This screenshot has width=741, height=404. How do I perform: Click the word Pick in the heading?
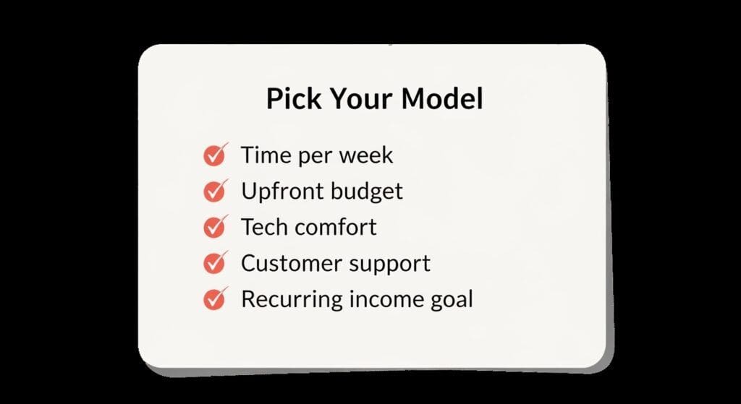pos(293,99)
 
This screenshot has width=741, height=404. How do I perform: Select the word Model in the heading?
pos(442,99)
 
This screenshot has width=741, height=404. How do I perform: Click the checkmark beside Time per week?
pos(214,155)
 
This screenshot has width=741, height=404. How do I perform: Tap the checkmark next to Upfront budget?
pos(214,192)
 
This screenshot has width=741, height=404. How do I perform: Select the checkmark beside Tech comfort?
pos(214,227)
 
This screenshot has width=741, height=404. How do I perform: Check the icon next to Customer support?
pos(214,263)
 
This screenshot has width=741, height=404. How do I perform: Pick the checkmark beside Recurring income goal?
pos(214,298)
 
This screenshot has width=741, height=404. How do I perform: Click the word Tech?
pos(263,227)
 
